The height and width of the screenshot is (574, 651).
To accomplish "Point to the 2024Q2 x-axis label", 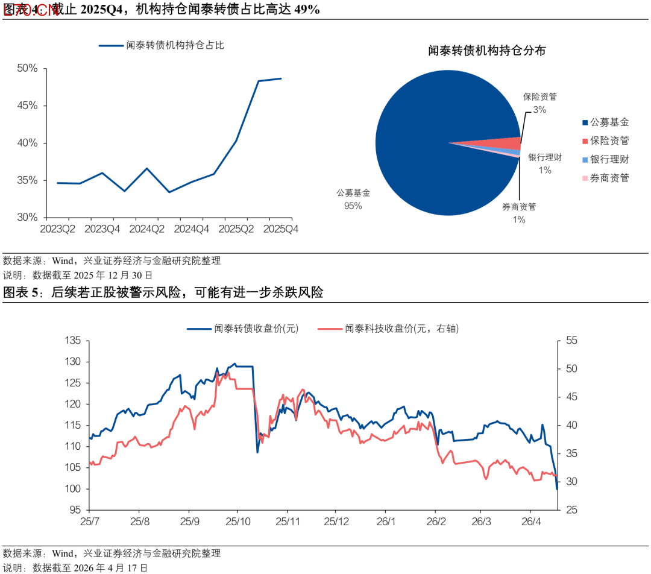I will (x=147, y=229).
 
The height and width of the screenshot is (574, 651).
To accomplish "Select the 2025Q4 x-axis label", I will (x=281, y=229).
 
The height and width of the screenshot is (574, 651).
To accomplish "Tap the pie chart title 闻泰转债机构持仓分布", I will (x=486, y=51).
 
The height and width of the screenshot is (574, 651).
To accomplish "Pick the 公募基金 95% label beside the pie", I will (x=353, y=200).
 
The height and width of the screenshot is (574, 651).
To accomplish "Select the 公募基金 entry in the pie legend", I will (x=609, y=122).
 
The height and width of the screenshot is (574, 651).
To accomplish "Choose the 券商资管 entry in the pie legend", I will (x=609, y=178).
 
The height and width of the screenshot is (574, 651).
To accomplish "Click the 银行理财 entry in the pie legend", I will (x=609, y=159).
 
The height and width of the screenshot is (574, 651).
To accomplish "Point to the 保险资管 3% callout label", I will (x=539, y=102).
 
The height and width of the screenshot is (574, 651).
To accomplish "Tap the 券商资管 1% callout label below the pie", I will (x=519, y=213).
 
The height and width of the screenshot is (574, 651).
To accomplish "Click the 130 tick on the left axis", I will (x=72, y=362).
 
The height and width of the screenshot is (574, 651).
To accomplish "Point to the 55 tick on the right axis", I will (x=571, y=341).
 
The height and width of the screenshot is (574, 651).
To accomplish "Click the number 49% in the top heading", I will (x=307, y=10).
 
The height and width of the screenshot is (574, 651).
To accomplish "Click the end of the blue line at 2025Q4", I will (x=281, y=78).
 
